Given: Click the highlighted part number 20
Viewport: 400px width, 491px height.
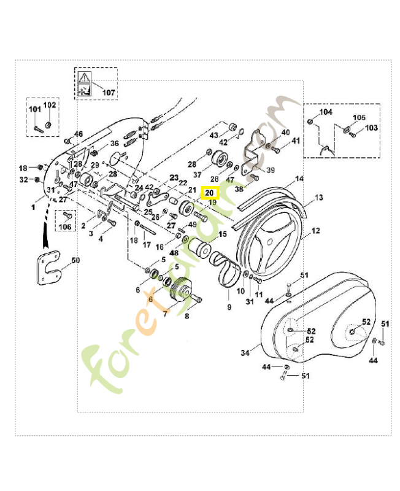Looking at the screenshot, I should (210, 193).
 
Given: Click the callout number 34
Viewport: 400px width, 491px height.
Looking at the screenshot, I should (245, 353).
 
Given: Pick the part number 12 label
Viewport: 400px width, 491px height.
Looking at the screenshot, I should (316, 231).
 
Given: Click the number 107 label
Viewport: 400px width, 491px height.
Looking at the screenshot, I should (109, 93).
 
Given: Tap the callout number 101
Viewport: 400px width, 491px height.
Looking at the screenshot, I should (34, 109).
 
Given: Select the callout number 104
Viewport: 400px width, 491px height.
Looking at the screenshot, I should (326, 112).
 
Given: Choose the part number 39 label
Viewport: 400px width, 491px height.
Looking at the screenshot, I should (271, 169).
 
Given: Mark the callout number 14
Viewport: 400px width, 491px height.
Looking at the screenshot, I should (299, 179).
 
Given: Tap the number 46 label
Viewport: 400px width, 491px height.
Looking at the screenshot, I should (78, 134).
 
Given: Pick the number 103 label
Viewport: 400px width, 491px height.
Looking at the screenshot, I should (372, 128).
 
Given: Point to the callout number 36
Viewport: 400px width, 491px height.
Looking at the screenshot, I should (114, 144).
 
